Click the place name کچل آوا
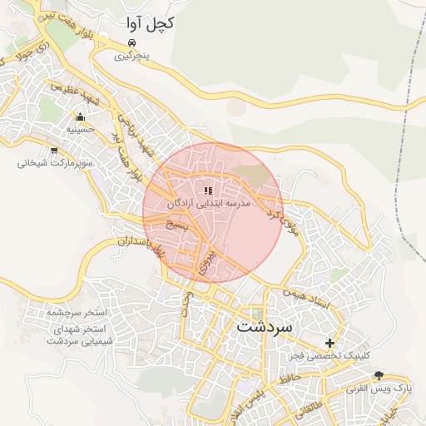click(x=150, y=23)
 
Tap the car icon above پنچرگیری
click(x=132, y=42)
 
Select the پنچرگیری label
click(x=133, y=57)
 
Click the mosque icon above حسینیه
click(x=80, y=117)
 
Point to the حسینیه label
click(x=80, y=131)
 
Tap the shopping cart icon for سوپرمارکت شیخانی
click(x=54, y=151)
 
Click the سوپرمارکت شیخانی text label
click(x=54, y=164)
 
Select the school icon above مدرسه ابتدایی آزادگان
click(x=208, y=191)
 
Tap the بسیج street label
click(x=178, y=225)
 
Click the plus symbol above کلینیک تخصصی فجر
click(x=330, y=343)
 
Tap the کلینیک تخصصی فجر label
click(x=330, y=356)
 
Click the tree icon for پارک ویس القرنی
click(x=379, y=374)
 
